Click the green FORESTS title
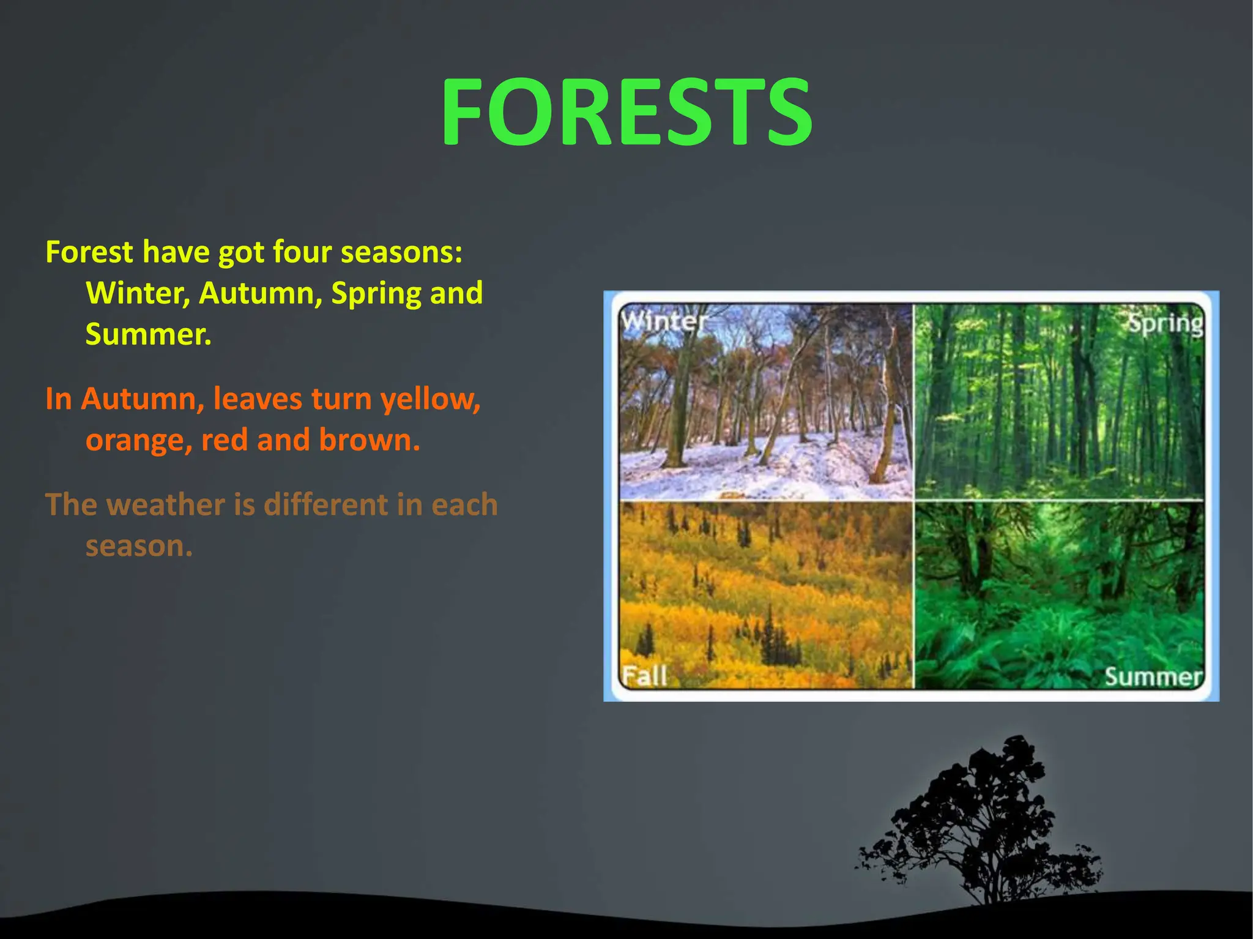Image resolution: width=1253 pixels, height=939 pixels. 626,112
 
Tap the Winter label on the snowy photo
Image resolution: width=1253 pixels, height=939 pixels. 663,321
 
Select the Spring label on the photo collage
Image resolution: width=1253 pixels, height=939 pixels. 1164,323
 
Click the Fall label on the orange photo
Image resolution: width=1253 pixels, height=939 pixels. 644,676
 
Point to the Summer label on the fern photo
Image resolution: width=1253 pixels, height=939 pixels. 1153,676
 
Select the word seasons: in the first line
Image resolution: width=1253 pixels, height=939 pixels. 401,252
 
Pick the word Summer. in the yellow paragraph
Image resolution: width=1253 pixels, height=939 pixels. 148,334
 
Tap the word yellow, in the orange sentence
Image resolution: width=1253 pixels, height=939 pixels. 430,399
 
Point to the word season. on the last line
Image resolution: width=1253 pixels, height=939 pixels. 139,546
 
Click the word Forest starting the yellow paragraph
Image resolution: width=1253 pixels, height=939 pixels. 89,252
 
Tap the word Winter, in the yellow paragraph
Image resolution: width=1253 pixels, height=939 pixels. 138,293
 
